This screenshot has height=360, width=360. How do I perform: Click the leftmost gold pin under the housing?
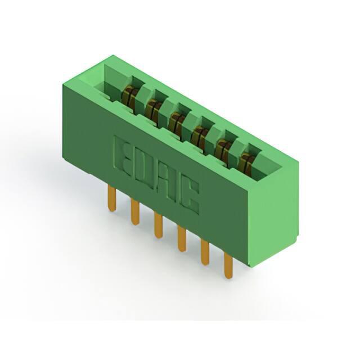pyautogui.click(x=112, y=198)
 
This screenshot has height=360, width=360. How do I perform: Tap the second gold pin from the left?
pyautogui.click(x=135, y=211)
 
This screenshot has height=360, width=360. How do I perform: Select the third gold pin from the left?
pyautogui.click(x=159, y=225)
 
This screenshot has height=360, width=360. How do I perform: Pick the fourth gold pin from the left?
pyautogui.click(x=182, y=238)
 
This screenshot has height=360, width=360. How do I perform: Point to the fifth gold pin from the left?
pyautogui.click(x=205, y=253)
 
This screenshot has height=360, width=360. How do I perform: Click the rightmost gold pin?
pyautogui.click(x=228, y=266)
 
